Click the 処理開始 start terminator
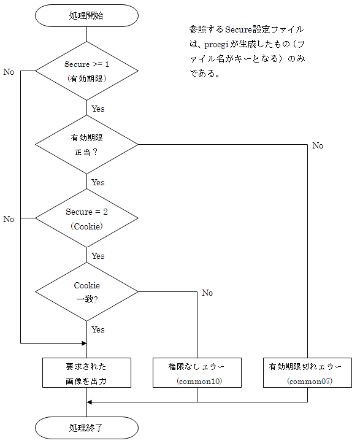click(86, 16)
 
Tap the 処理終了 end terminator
click(86, 428)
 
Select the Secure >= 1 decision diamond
click(86, 71)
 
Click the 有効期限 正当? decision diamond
click(86, 145)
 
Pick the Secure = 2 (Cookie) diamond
click(86, 218)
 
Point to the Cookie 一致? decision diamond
click(86, 292)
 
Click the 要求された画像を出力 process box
click(86, 372)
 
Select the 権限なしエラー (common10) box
click(197, 372)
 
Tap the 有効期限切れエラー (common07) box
click(307, 372)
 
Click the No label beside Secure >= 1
click(9, 72)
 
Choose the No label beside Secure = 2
click(9, 219)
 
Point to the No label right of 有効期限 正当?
click(318, 145)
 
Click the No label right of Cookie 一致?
click(207, 293)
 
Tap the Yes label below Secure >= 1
click(98, 109)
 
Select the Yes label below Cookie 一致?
click(98, 329)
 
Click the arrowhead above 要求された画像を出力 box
click(84, 344)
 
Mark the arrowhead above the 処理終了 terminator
click(90, 402)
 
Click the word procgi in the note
click(216, 45)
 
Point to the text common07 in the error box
click(310, 381)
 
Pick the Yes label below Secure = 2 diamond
click(98, 256)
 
